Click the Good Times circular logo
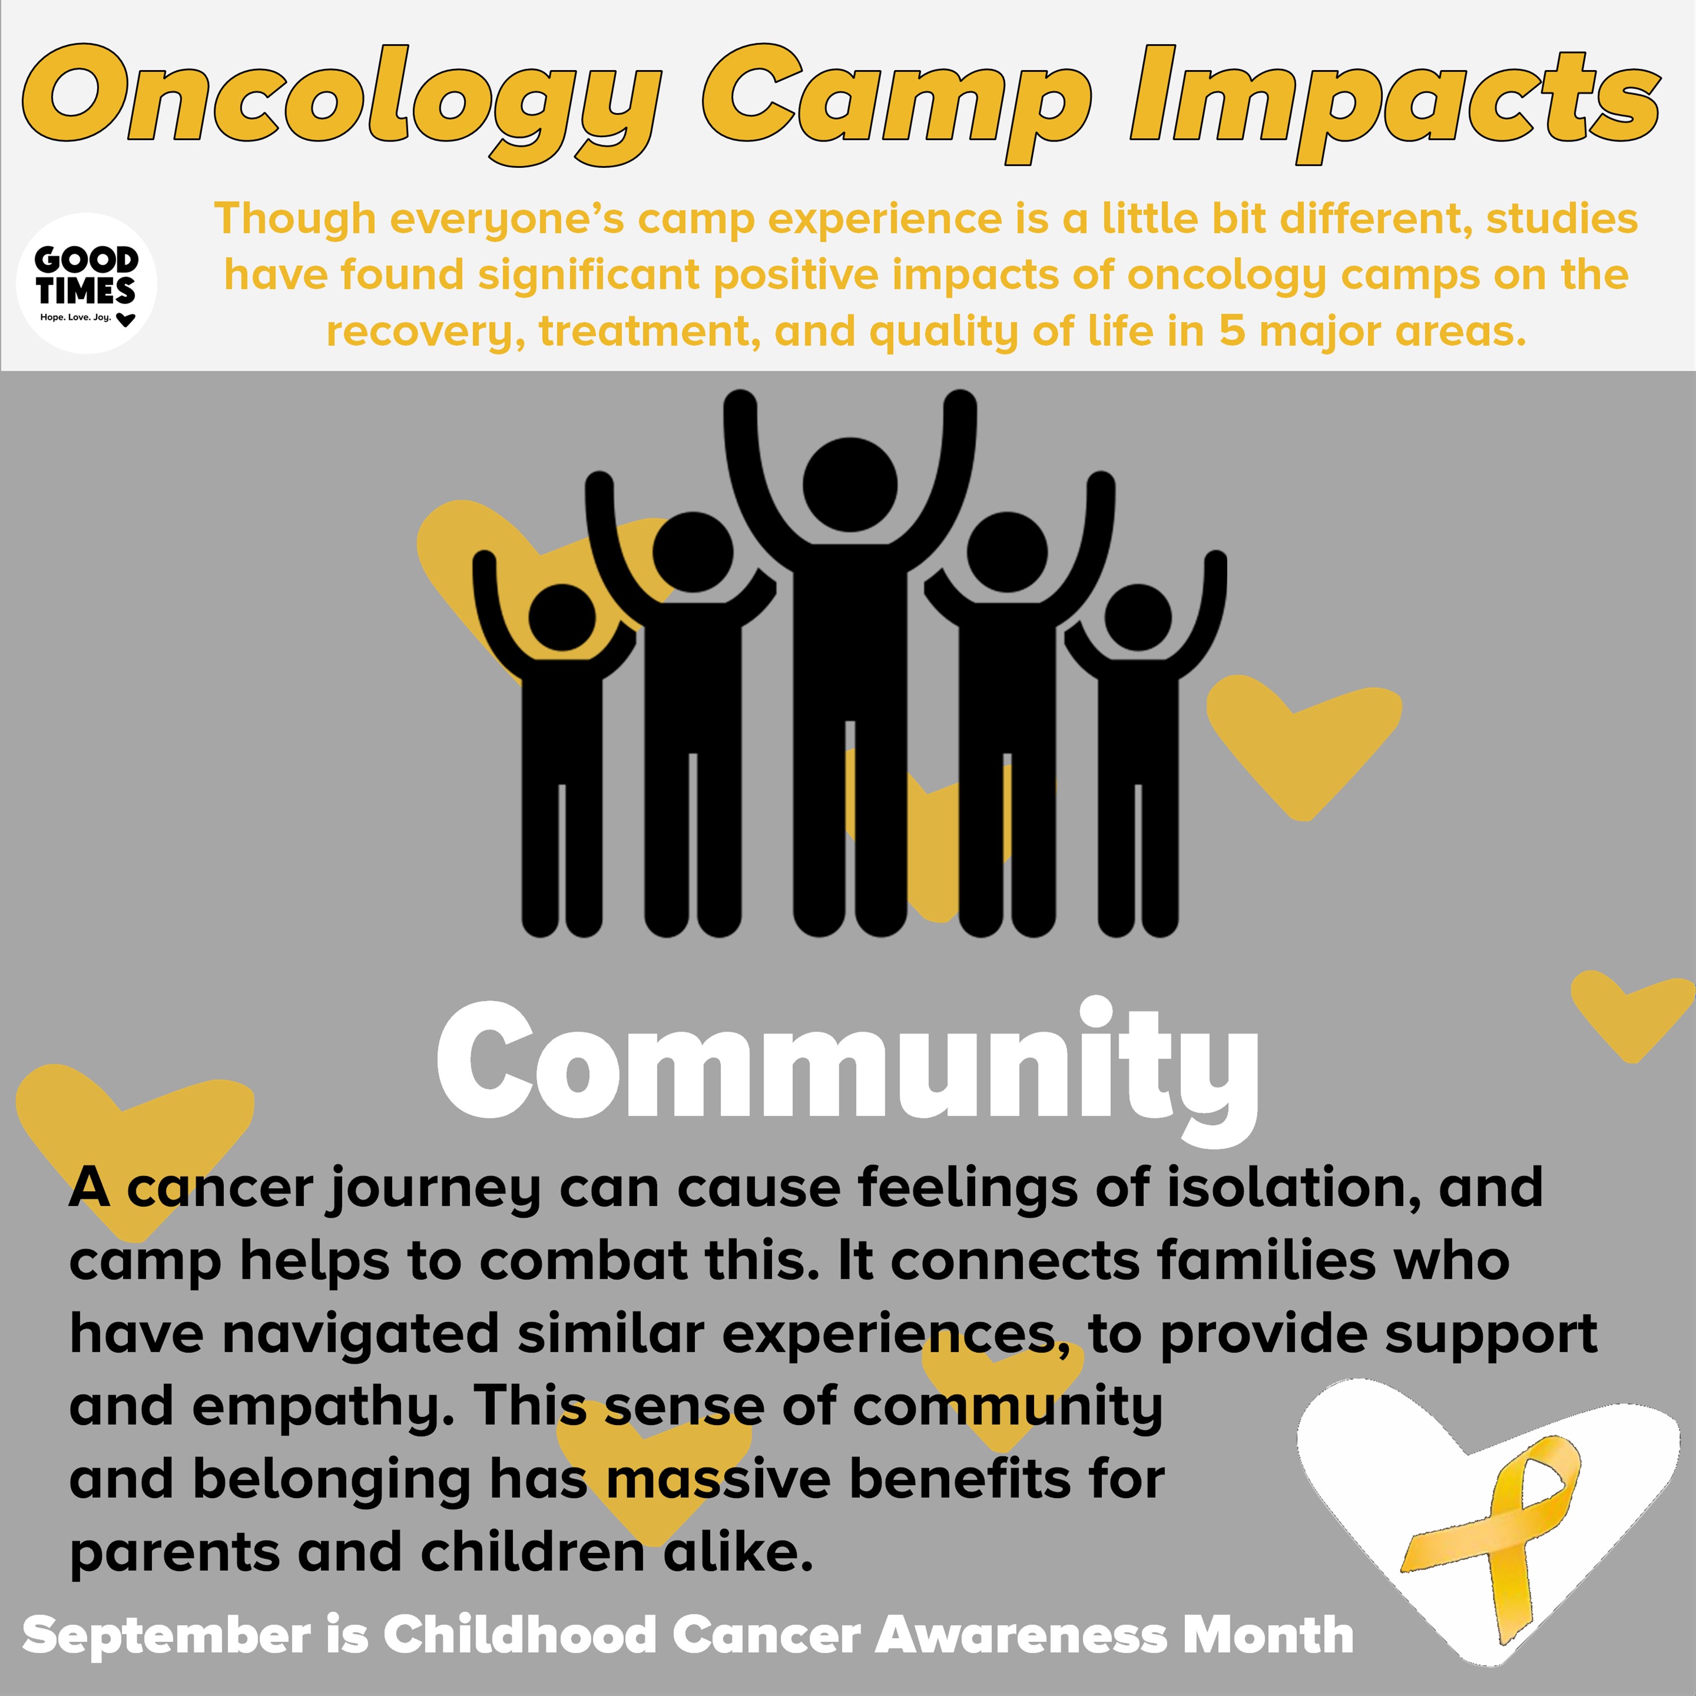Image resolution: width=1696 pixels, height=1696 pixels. click(x=87, y=283)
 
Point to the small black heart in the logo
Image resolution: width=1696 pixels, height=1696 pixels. click(x=126, y=319)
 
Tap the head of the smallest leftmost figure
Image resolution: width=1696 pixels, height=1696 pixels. click(x=562, y=618)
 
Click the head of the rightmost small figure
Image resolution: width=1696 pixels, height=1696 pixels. click(x=1137, y=618)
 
